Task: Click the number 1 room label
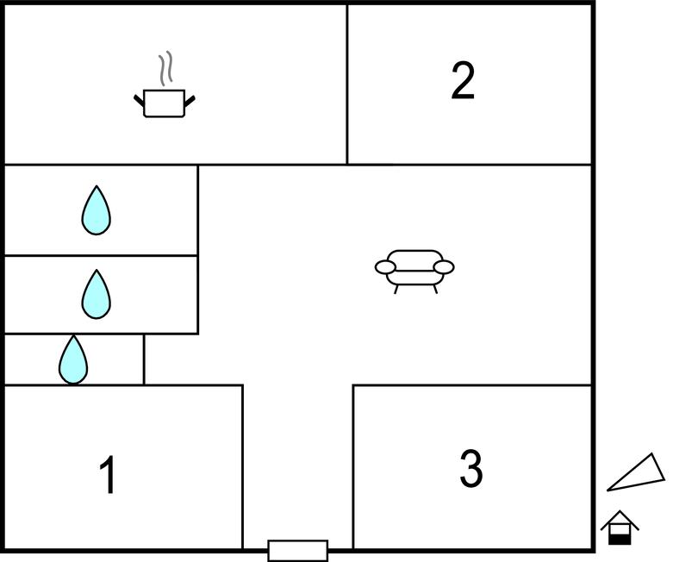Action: pos(109,475)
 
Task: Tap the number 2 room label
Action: pos(463,81)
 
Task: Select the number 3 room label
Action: pos(471,468)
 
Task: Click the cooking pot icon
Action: pos(165,103)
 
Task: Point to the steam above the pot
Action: pos(166,68)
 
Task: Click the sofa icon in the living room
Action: pos(414,272)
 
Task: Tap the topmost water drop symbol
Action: pos(97,210)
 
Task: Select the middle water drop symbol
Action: pos(97,295)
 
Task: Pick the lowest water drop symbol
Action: pos(73,359)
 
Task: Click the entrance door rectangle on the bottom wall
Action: pos(298,551)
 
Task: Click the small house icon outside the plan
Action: pos(620,528)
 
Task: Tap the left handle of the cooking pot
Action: pos(139,101)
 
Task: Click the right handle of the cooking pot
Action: pos(190,101)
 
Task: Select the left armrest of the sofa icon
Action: pos(385,267)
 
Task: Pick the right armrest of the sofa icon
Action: pos(444,267)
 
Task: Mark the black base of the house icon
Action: pos(620,540)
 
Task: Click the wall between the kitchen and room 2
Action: pos(346,84)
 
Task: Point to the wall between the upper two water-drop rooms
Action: pos(102,255)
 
